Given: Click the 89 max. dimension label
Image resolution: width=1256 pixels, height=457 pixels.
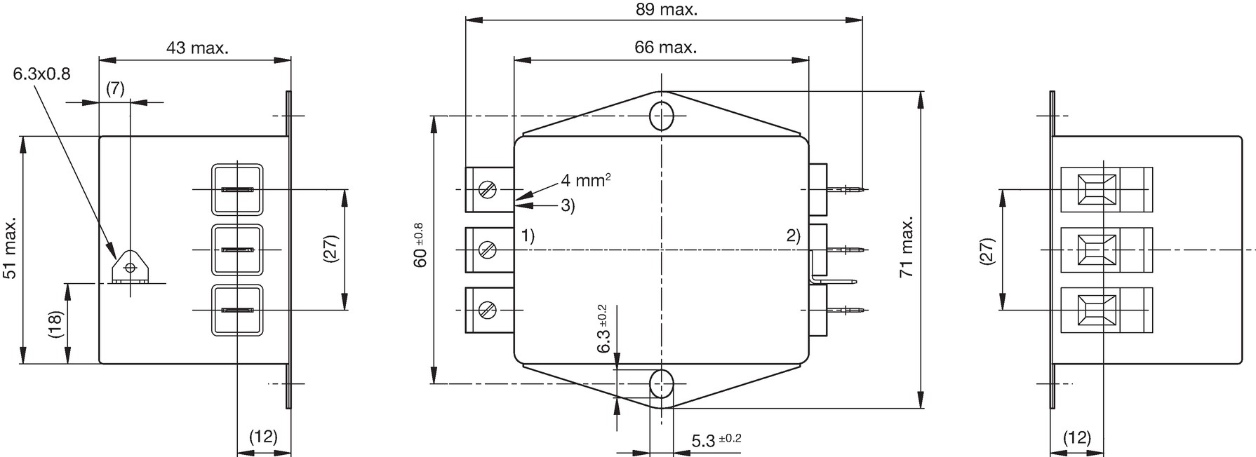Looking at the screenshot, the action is click(x=666, y=10).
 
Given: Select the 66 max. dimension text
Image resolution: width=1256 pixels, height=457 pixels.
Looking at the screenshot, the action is click(x=665, y=47).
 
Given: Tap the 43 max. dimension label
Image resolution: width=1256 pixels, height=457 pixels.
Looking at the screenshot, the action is click(x=197, y=48).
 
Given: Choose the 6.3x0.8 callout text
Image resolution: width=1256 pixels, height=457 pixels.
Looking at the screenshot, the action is click(x=42, y=74).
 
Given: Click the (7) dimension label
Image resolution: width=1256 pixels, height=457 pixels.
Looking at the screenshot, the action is click(x=115, y=88).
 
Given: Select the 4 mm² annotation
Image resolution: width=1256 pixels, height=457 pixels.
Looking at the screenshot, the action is click(x=585, y=180).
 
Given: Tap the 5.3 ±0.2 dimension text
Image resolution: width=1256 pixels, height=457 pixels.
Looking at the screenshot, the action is click(x=716, y=440).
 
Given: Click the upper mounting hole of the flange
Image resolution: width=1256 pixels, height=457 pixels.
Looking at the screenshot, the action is click(x=662, y=116).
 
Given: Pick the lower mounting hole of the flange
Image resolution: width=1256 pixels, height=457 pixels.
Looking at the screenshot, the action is click(x=662, y=384).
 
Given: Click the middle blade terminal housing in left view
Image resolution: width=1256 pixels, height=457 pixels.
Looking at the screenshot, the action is click(x=237, y=250).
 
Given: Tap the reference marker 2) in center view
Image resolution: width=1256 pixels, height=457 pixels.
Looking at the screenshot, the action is click(x=793, y=236).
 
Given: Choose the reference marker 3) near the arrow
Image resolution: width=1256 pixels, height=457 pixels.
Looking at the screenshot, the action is click(x=568, y=206).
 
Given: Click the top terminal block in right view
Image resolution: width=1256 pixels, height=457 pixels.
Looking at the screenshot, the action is click(x=1107, y=189).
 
